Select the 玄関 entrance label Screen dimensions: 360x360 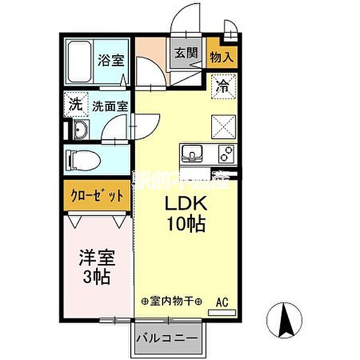[x=185, y=52]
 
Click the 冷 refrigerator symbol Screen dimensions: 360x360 [x=222, y=85]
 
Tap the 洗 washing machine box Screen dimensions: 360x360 [x=76, y=104]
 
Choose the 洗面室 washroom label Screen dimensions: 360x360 [x=109, y=107]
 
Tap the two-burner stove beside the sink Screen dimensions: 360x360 [x=224, y=154]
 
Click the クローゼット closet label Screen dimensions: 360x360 [x=96, y=196]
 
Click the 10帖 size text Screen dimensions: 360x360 [x=186, y=225]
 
